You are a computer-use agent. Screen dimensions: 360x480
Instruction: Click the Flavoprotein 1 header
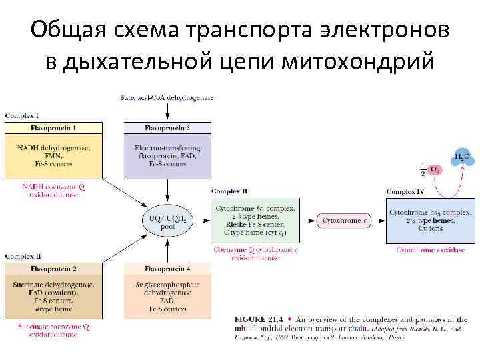point(54,127)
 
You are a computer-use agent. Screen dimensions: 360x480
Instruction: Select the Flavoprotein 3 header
point(167,127)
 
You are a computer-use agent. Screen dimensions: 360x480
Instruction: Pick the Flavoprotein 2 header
point(54,269)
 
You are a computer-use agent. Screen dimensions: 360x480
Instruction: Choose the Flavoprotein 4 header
point(167,269)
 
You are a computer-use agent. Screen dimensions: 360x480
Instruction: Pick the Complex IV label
point(405,192)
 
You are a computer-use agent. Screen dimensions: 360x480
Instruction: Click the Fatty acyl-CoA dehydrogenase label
point(167,98)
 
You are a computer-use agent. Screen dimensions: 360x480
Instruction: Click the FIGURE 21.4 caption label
point(256,320)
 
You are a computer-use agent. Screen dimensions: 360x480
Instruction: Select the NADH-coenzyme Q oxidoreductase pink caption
point(54,191)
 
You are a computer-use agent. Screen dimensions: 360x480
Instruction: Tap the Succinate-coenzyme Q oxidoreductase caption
point(54,331)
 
